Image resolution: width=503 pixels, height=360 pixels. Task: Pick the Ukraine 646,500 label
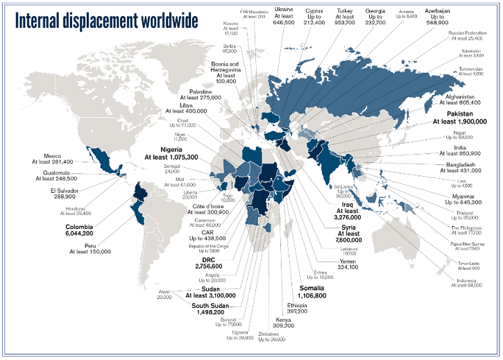[x=283, y=17]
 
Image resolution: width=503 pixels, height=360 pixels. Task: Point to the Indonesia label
[x=466, y=282]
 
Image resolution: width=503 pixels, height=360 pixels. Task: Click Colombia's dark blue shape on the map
[x=141, y=193]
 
